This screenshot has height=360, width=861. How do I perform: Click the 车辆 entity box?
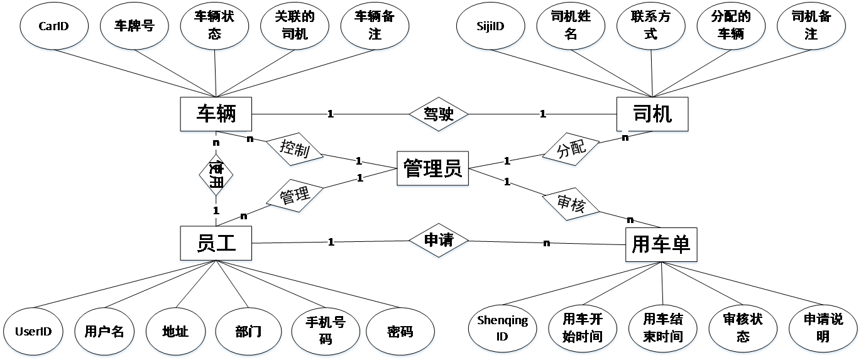[x=216, y=114]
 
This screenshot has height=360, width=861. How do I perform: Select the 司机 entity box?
[x=652, y=114]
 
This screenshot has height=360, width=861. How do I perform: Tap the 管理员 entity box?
[x=432, y=168]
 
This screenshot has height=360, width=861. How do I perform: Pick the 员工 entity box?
[x=216, y=243]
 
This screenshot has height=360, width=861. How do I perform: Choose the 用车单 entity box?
[x=661, y=244]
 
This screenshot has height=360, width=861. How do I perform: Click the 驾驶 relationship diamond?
[x=439, y=115]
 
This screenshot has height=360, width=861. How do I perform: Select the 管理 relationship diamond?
[x=295, y=197]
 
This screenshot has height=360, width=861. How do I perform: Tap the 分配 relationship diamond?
[x=571, y=150]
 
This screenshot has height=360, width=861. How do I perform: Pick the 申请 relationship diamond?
[x=439, y=241]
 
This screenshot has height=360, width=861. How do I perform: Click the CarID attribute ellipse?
[x=53, y=26]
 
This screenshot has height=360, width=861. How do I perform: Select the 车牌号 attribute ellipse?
[x=134, y=26]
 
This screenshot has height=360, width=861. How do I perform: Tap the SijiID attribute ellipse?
[x=490, y=26]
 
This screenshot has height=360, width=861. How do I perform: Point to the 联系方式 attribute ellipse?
[x=650, y=26]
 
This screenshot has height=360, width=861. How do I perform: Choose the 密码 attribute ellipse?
[x=400, y=331]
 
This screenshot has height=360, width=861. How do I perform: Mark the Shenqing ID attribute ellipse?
[x=502, y=329]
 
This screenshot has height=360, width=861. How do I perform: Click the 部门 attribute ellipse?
[x=249, y=331]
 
